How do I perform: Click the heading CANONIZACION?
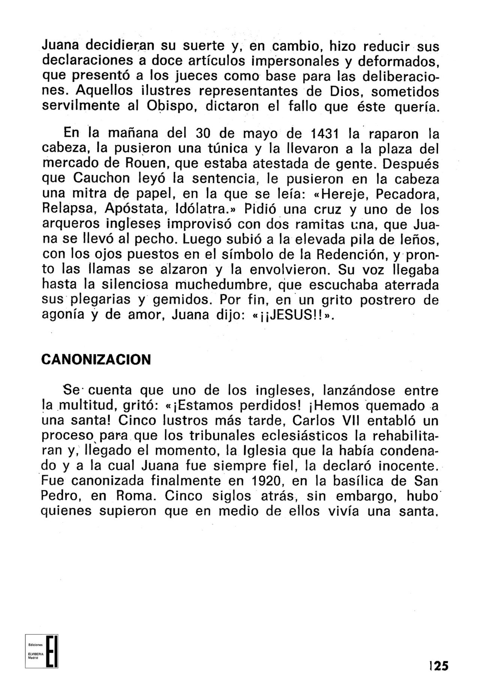coord(96,359)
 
